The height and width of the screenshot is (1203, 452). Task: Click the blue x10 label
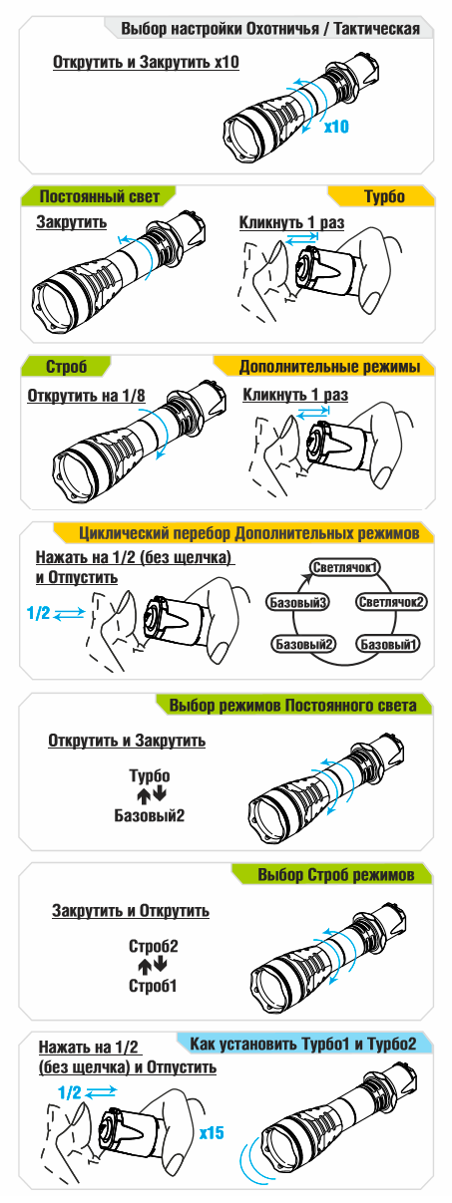(336, 127)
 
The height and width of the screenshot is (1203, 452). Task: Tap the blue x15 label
(212, 1132)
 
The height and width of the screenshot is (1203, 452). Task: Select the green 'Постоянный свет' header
(99, 196)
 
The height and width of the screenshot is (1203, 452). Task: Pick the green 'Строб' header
(66, 367)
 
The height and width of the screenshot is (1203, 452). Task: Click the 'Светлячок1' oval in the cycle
(345, 567)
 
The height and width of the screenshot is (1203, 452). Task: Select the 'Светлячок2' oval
(392, 602)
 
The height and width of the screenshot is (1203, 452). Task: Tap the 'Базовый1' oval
(387, 644)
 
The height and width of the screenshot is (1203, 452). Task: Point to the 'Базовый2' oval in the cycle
(303, 644)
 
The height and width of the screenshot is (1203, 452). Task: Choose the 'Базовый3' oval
(298, 602)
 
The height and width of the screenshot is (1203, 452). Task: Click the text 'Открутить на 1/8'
(86, 396)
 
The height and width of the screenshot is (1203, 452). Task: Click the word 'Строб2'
(154, 945)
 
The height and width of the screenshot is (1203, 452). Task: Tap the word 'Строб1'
(153, 986)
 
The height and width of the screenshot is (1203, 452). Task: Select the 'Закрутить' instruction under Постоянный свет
(72, 222)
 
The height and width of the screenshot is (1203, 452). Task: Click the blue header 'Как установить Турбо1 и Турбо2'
(303, 1044)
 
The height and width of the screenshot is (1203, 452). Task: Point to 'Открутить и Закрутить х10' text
(146, 63)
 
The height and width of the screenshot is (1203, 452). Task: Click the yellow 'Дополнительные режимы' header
(325, 367)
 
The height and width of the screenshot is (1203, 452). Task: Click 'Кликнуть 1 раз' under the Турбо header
(291, 222)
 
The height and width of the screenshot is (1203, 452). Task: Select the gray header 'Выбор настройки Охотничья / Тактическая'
(269, 29)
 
